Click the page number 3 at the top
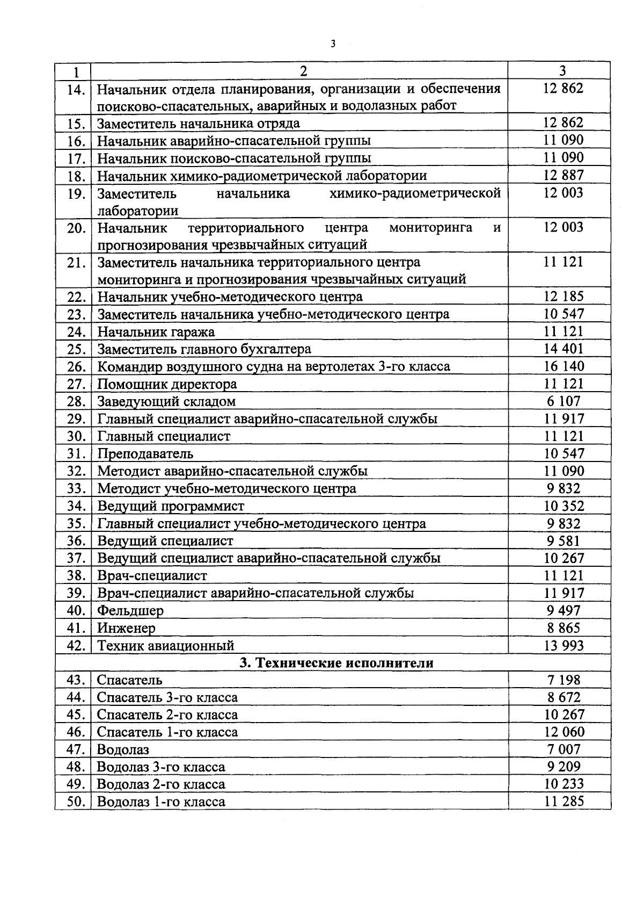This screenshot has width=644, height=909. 333,45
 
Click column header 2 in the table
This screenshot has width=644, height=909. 303,71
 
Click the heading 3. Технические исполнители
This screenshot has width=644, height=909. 336,663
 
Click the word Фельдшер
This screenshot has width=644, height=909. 130,611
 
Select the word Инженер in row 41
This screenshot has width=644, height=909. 127,628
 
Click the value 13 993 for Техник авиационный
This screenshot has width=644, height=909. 563,646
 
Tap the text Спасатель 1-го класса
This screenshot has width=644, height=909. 167,732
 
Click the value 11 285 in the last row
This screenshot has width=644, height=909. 563,802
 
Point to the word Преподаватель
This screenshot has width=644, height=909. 145,454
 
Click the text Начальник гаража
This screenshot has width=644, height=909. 156,332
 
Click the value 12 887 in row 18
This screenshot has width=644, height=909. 563,175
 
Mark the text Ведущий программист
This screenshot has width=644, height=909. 171,506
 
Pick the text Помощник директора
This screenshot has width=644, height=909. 167,384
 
